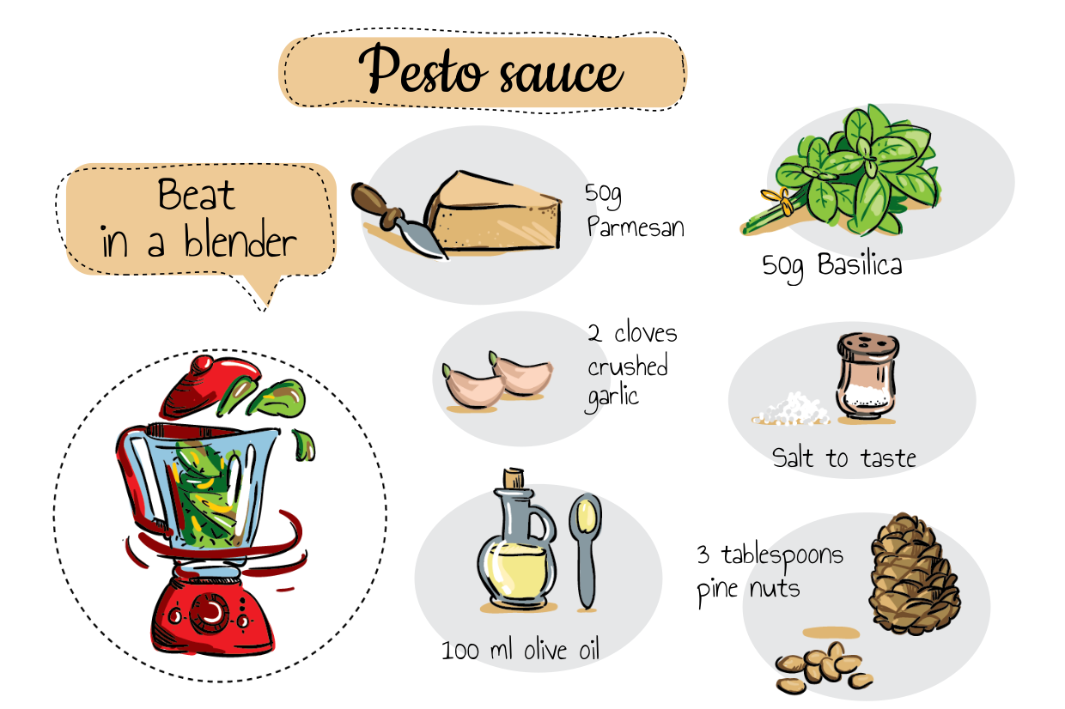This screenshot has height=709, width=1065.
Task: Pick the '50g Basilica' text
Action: coord(831,265)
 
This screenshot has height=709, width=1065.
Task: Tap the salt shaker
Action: coord(867,377)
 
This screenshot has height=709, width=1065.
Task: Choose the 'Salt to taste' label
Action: coord(843,458)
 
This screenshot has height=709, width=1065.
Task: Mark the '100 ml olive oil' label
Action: coord(520,650)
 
